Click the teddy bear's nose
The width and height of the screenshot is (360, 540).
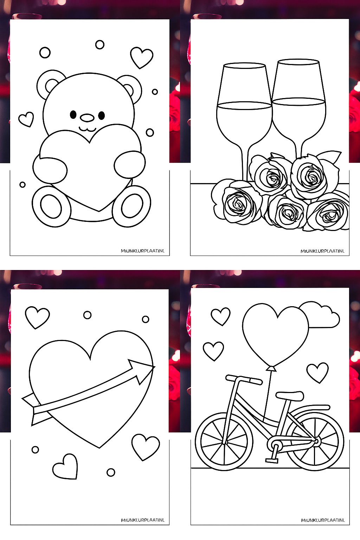coord(87,117)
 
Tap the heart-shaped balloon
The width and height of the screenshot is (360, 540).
coord(275,334)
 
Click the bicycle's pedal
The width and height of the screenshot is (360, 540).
coord(272,460)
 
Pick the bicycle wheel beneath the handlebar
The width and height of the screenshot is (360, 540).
coord(224,442)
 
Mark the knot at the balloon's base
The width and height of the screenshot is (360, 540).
coord(271,368)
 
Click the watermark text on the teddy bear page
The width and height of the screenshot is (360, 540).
coord(142,251)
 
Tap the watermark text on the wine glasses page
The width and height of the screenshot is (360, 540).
coord(322,251)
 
